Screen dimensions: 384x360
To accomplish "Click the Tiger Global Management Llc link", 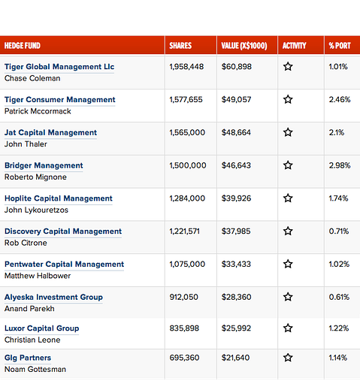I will [59, 67].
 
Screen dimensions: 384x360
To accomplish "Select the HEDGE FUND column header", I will [23, 46].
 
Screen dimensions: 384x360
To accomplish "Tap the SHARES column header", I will [180, 46].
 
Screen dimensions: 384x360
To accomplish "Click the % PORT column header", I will [340, 46].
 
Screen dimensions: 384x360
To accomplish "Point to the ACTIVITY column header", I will [295, 46].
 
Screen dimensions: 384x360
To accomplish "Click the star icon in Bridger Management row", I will [288, 165].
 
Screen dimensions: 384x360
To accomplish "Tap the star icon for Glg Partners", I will [288, 358].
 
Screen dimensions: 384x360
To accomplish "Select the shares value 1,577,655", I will [186, 99].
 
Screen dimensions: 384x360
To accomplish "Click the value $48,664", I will [237, 132].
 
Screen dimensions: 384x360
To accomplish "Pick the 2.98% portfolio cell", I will [340, 165].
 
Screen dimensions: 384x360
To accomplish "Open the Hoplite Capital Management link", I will [59, 198].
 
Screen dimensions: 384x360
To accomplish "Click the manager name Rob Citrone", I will [26, 243].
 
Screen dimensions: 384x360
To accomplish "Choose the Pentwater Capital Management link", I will [64, 265].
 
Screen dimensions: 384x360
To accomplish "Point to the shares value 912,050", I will [184, 297].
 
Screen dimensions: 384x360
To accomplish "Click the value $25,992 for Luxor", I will [237, 328].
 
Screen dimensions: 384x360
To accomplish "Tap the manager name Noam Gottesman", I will [35, 369].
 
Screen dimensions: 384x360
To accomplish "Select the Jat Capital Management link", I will [50, 132].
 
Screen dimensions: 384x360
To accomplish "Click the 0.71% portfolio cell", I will [339, 231].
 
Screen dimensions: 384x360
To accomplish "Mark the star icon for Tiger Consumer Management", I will [288, 99].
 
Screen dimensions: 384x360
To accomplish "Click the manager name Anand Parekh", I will [30, 309].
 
